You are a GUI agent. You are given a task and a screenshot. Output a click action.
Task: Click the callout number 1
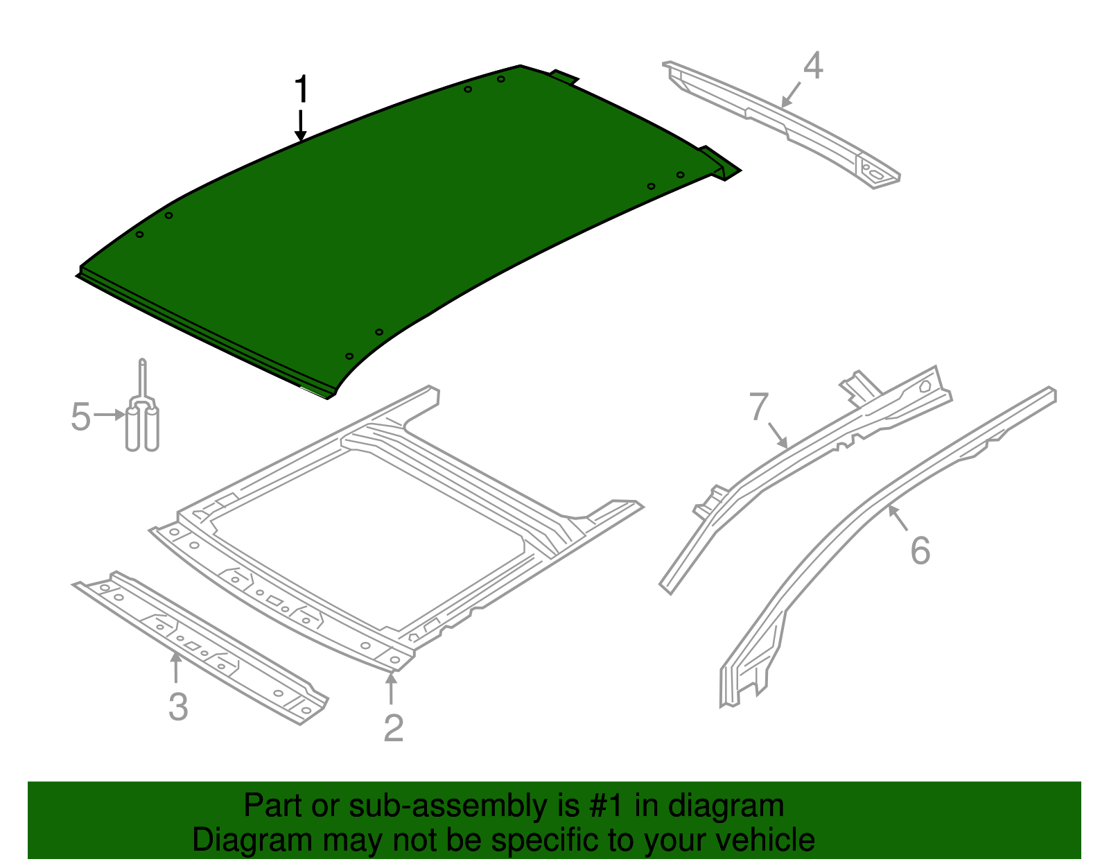(x=301, y=90)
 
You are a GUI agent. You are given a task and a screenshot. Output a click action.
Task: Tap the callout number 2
(x=393, y=728)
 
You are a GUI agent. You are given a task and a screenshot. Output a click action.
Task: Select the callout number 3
(x=178, y=707)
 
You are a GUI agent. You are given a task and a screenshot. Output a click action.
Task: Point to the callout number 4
(x=813, y=66)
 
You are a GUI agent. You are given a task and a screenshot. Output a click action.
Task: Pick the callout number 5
(x=81, y=417)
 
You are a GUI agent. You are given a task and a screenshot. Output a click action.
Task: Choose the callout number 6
(x=920, y=551)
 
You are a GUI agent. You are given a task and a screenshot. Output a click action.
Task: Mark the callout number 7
(x=759, y=407)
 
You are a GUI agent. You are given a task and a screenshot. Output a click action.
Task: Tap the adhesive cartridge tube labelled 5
(x=142, y=423)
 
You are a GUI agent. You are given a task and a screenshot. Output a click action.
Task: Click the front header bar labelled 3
(x=201, y=645)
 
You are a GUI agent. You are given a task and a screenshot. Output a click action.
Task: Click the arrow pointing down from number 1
(x=301, y=126)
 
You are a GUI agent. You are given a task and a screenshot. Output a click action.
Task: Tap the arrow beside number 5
(x=109, y=415)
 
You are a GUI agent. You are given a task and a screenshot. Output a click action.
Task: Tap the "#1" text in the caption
(x=608, y=806)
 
